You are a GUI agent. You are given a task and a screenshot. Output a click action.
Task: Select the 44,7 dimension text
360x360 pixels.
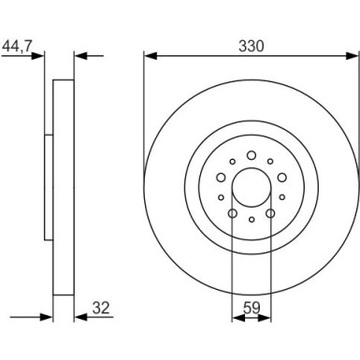22,43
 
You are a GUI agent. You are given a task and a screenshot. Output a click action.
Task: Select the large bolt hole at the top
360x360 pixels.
251,155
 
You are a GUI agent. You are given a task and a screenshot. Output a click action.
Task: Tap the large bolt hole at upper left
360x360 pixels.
221,177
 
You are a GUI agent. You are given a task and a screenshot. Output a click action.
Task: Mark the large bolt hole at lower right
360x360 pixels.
269,213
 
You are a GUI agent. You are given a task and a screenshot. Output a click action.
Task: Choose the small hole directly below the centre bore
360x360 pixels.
251,220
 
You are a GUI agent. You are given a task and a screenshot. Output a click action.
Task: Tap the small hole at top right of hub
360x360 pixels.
269,162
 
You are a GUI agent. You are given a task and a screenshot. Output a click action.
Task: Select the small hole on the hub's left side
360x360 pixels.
220,197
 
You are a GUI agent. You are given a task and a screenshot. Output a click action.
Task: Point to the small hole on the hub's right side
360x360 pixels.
281,197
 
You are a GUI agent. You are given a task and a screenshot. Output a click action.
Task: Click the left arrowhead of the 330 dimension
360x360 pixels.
148,54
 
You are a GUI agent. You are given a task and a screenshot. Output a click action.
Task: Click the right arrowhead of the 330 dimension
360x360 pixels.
353,54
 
